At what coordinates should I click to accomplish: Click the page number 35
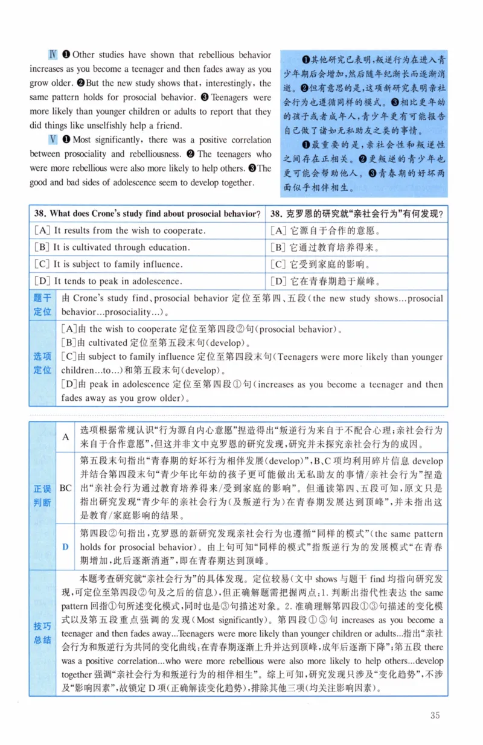435,715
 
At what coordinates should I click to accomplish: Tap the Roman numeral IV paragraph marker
53,55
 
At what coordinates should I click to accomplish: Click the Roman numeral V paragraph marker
53,140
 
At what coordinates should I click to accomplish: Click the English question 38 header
147,213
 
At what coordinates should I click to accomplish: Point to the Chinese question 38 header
357,213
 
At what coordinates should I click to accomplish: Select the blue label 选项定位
42,363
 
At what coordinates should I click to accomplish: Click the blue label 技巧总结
42,633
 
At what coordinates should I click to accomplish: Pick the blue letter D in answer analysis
66,547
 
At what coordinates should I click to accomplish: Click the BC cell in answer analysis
66,487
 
